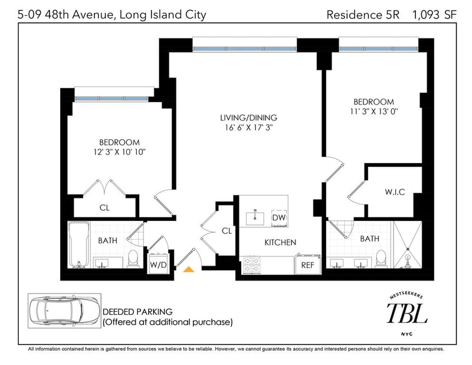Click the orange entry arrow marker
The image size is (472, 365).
pyautogui.click(x=189, y=269)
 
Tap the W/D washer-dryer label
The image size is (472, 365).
pyautogui.click(x=158, y=265)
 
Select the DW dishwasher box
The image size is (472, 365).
pyautogui.click(x=279, y=217)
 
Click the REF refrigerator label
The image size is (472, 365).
pyautogui.click(x=307, y=265)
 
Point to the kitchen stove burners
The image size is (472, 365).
pyautogui.click(x=251, y=265)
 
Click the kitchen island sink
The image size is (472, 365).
pyautogui.click(x=255, y=218)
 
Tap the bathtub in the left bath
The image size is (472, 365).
pyautogui.click(x=79, y=245)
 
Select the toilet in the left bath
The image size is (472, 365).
pyautogui.click(x=133, y=258)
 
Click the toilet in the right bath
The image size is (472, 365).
pyautogui.click(x=381, y=258)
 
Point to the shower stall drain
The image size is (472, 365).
pyautogui.click(x=408, y=249)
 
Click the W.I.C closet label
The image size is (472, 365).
pyautogui.click(x=395, y=192)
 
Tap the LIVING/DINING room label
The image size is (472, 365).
pyautogui.click(x=248, y=118)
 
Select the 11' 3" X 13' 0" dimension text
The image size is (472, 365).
pyautogui.click(x=374, y=112)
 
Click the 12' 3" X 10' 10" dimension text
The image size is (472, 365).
pyautogui.click(x=120, y=152)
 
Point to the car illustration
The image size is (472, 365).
pyautogui.click(x=64, y=311)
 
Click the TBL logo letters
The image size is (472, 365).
pyautogui.click(x=407, y=313)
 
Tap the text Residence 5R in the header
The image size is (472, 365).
pyautogui.click(x=363, y=15)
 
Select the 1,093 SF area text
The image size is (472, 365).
pyautogui.click(x=434, y=15)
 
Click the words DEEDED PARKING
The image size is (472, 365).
pyautogui.click(x=137, y=312)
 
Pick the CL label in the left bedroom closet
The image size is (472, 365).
pyautogui.click(x=104, y=208)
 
